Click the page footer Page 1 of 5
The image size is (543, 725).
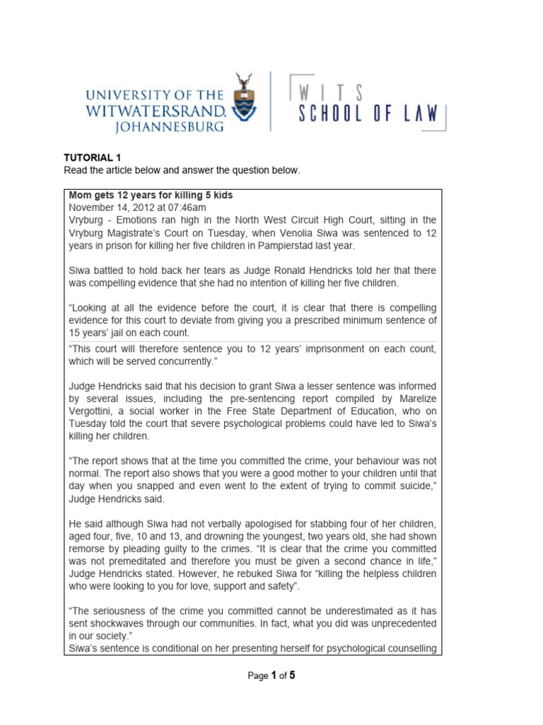(271, 676)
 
